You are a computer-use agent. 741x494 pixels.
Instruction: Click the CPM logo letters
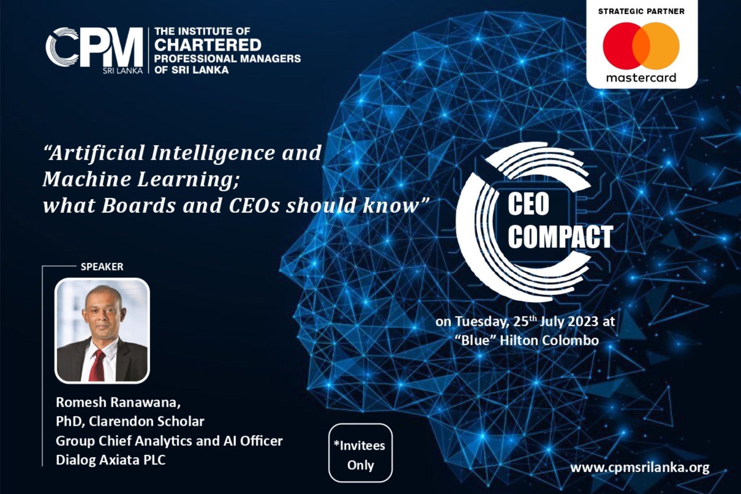coord(94,47)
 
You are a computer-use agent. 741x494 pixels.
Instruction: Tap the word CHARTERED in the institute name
coord(208,45)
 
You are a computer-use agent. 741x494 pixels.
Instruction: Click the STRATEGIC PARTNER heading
coord(641,11)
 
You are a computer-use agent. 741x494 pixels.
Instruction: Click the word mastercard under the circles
coord(641,77)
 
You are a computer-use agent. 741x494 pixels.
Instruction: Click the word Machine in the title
coord(86,179)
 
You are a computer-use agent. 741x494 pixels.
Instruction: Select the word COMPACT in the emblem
coord(560,237)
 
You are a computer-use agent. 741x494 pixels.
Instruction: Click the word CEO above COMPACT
coord(528,204)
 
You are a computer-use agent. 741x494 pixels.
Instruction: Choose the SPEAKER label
coord(102,267)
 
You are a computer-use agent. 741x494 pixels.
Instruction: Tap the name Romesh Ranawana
coord(118,402)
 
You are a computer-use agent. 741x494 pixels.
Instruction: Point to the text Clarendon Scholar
coord(147,421)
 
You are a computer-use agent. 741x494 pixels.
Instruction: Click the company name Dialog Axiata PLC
coord(111,460)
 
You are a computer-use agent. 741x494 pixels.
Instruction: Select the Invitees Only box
coord(360,453)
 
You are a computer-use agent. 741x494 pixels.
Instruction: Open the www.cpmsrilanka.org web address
coord(640,468)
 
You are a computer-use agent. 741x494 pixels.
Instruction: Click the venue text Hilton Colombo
coord(549,341)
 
